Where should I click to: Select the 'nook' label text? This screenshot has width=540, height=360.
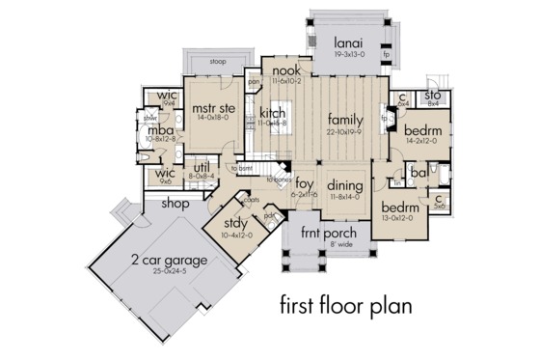coord(284,71)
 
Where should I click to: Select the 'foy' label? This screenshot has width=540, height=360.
coord(305,182)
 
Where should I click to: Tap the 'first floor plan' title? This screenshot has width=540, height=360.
coord(345,307)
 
